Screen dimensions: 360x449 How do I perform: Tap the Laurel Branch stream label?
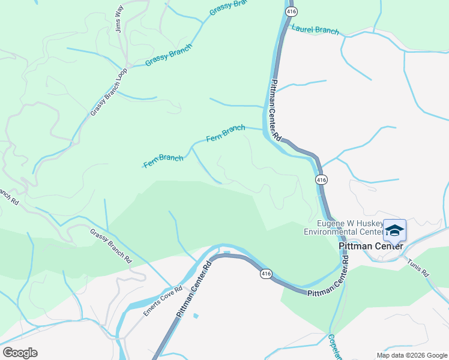(315, 29)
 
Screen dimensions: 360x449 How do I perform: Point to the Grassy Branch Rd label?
(111, 246)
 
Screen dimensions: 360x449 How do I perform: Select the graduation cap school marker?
(394, 230)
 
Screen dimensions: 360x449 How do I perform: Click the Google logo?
(20, 352)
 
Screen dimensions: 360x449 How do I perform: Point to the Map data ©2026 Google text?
(411, 355)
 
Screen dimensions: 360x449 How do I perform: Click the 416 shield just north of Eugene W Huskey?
(321, 179)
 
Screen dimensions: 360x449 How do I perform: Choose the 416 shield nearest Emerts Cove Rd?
(267, 274)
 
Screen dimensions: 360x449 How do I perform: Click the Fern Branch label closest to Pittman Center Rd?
(226, 133)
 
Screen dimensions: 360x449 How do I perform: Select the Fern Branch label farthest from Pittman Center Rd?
(163, 161)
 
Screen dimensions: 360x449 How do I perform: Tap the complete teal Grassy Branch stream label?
(168, 55)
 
